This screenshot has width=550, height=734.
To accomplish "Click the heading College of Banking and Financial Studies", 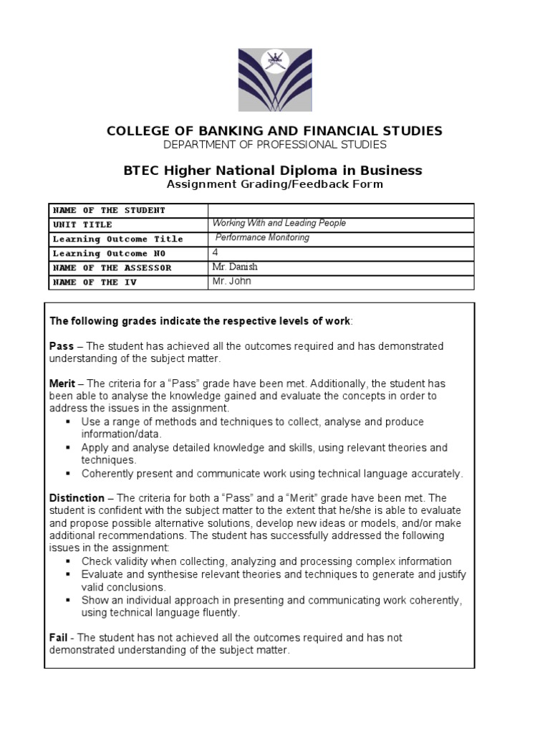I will pyautogui.click(x=274, y=130).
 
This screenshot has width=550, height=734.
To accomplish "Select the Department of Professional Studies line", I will pyautogui.click(x=274, y=145).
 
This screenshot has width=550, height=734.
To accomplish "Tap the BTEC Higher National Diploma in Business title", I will pyautogui.click(x=274, y=171).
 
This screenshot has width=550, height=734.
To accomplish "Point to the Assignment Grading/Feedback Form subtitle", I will pyautogui.click(x=274, y=184).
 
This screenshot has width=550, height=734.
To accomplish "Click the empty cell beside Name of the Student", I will pyautogui.click(x=341, y=210).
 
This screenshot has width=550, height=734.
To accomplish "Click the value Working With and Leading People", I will pyautogui.click(x=279, y=224).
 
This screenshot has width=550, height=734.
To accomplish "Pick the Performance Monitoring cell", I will pyautogui.click(x=263, y=238).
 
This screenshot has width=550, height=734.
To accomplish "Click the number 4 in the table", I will pyautogui.click(x=216, y=252).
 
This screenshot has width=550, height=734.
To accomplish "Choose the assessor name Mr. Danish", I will pyautogui.click(x=235, y=267).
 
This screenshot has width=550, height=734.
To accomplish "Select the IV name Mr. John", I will pyautogui.click(x=232, y=281).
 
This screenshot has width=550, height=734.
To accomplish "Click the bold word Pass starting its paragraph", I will pyautogui.click(x=62, y=346).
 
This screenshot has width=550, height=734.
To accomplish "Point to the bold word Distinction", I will pyautogui.click(x=77, y=498).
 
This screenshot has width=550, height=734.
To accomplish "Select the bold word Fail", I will pyautogui.click(x=59, y=637).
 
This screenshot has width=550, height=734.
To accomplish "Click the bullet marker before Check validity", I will pyautogui.click(x=68, y=562).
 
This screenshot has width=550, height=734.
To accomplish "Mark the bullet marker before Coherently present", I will pyautogui.click(x=68, y=474).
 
